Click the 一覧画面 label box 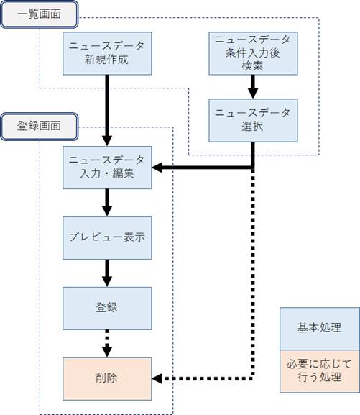pos(39,14)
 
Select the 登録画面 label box pos(39,127)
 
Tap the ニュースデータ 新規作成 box pos(107,53)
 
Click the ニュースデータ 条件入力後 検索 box pos(253,53)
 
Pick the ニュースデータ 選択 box pos(253,120)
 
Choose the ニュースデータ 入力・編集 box pos(107,168)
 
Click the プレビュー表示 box pos(107,238)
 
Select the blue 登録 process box pos(107,309)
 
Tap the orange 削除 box pos(107,379)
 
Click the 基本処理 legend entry pos(320,329)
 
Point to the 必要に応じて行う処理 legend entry pos(320,371)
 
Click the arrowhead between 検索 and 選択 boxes pos(253,94)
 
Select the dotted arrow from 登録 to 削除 pos(107,344)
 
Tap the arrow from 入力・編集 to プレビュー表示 pos(107,203)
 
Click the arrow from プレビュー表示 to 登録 pos(107,273)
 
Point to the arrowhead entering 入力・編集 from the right pos(157,168)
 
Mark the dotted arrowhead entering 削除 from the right pos(157,378)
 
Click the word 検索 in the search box pos(252,65)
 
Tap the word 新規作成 pos(106,59)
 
